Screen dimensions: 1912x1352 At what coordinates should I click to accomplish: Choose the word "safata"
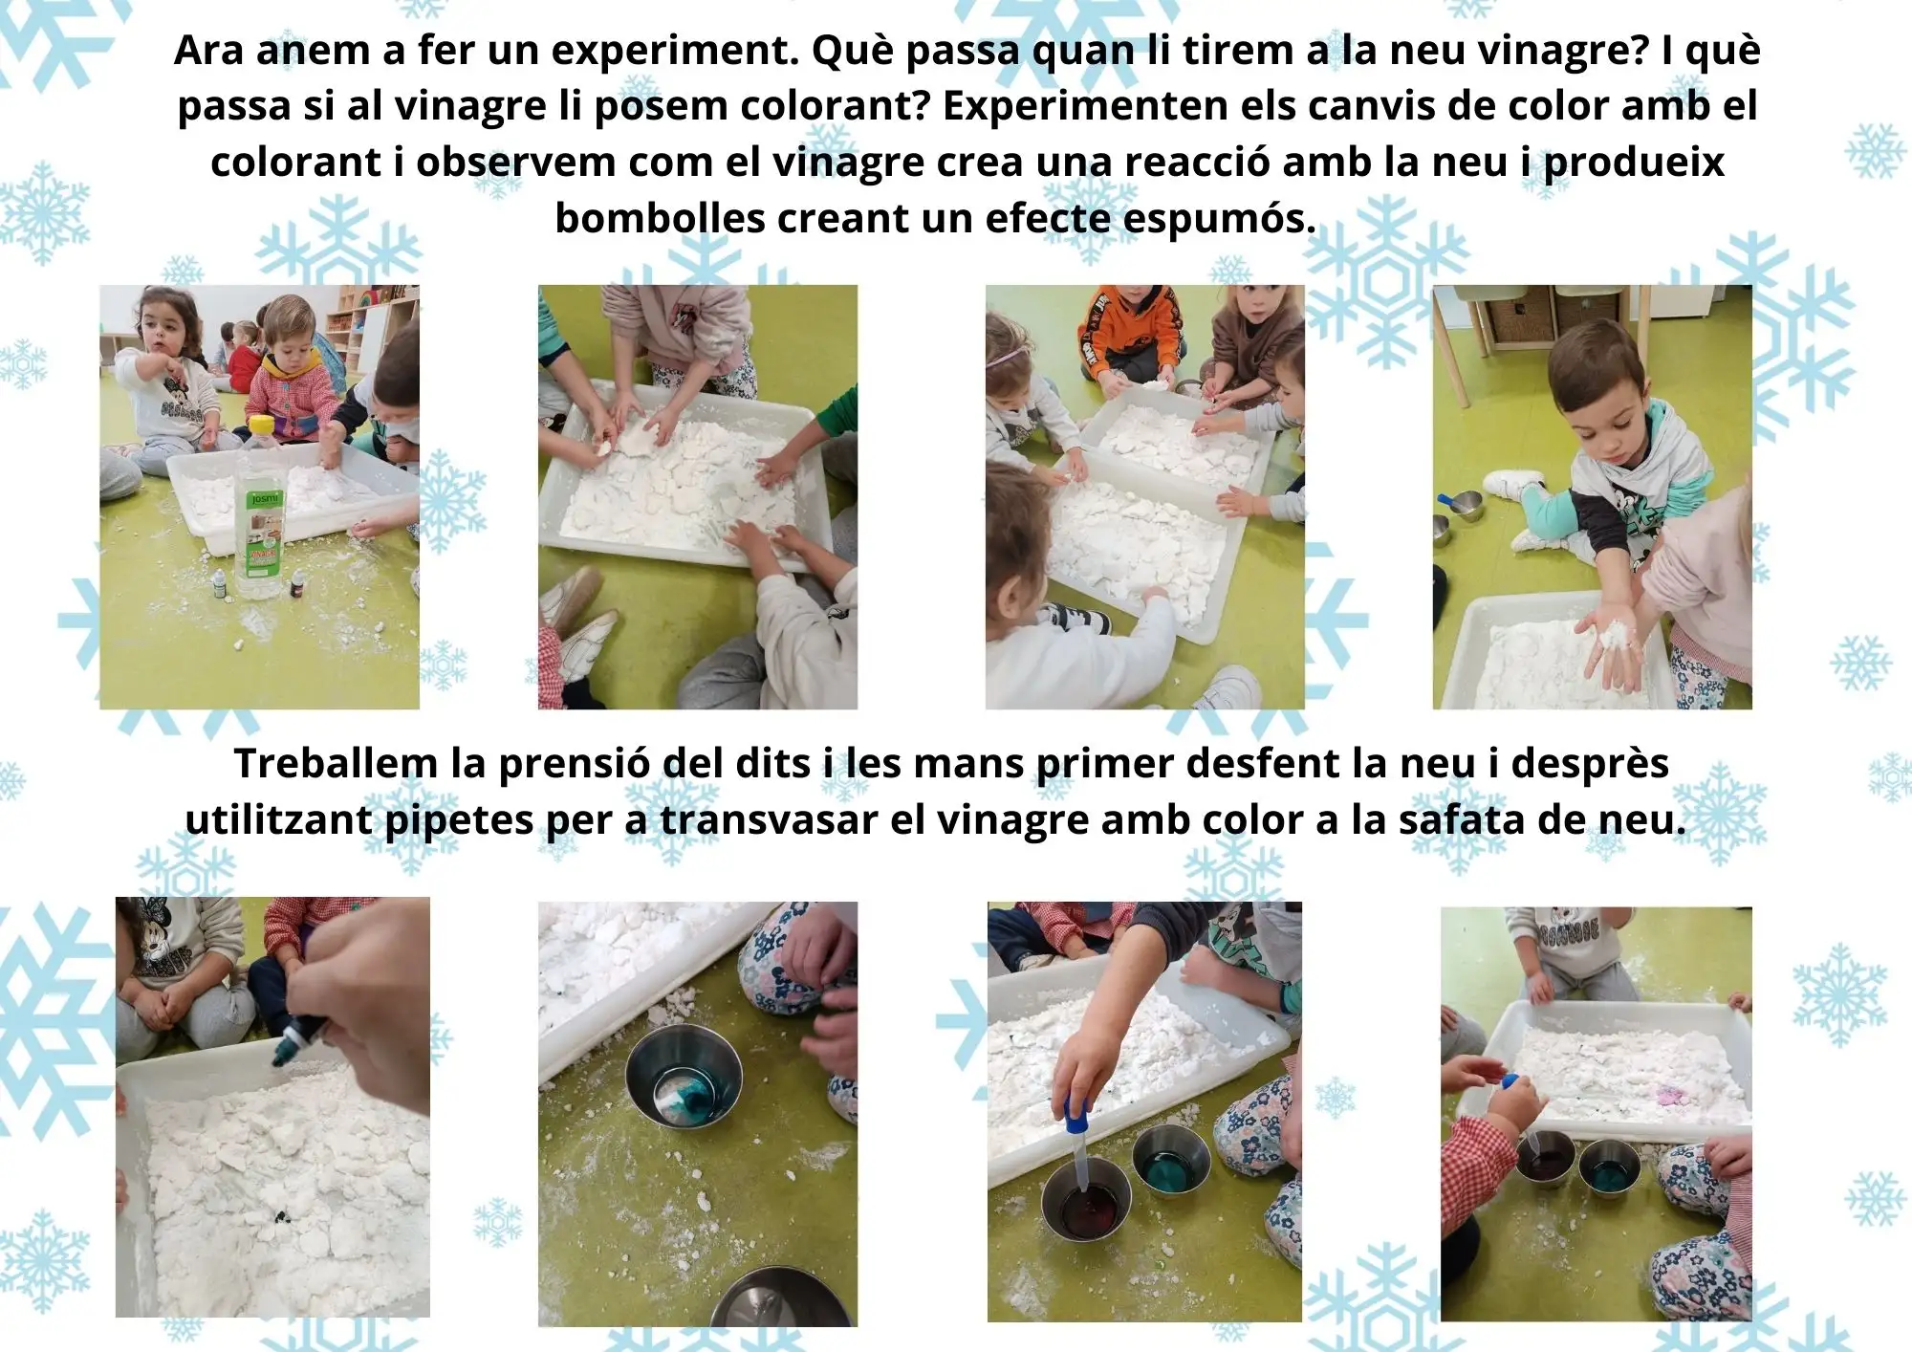pyautogui.click(x=1462, y=819)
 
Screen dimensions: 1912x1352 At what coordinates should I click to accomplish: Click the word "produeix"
pyautogui.click(x=1634, y=164)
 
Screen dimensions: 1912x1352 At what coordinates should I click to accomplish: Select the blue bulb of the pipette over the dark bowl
pyautogui.click(x=1072, y=1109)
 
